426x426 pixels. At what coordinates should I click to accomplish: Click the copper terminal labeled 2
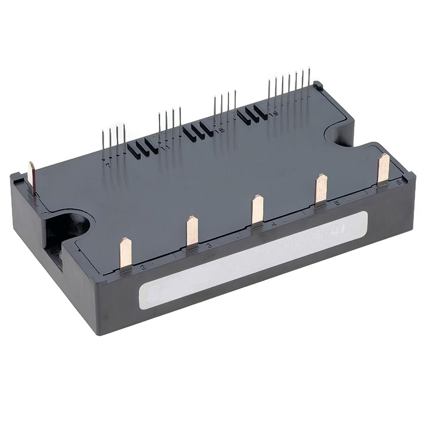[125, 253]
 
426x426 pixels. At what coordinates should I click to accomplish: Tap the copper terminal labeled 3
[192, 231]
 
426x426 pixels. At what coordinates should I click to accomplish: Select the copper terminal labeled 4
[257, 209]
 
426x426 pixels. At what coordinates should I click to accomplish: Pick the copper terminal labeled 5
[321, 188]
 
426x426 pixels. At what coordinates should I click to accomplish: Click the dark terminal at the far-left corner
[32, 177]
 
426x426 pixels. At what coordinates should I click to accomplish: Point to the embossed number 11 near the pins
[166, 149]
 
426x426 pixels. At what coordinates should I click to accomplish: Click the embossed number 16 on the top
[220, 130]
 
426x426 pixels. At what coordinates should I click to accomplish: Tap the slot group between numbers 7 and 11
[143, 148]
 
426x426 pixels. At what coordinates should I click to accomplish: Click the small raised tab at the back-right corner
[318, 86]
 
